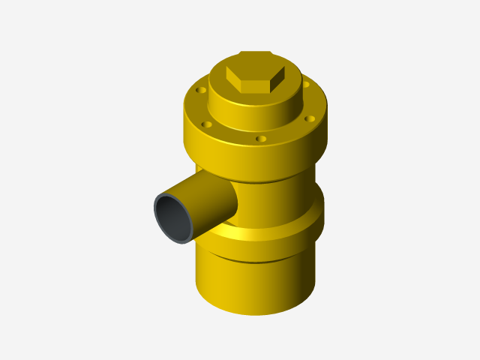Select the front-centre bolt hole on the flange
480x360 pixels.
(x=260, y=139)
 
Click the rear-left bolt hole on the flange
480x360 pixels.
(x=200, y=90)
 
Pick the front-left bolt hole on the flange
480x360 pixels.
(x=206, y=124)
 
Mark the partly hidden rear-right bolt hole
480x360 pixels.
(x=306, y=84)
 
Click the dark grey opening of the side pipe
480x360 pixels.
(x=173, y=217)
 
